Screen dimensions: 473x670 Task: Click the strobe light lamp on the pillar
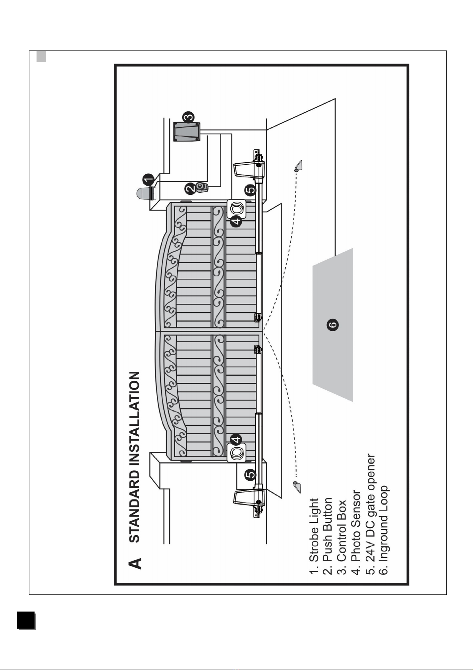click(x=144, y=194)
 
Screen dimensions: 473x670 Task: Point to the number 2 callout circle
click(x=191, y=188)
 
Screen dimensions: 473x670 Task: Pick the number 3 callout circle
click(x=188, y=117)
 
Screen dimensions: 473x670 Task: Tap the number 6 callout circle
click(x=333, y=324)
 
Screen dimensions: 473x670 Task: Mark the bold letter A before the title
click(x=135, y=563)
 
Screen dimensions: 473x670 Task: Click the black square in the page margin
click(x=26, y=620)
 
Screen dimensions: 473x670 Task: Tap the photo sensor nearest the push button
click(x=236, y=208)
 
